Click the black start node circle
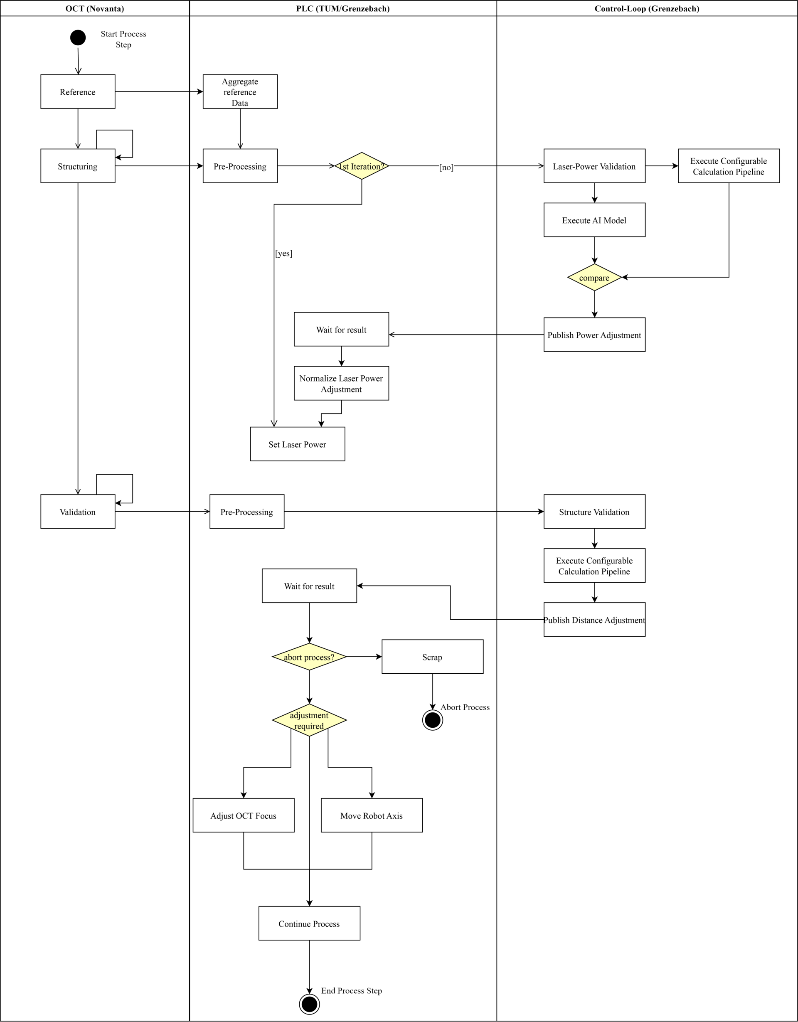(x=78, y=37)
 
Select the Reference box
(x=78, y=92)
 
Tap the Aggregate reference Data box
(x=240, y=92)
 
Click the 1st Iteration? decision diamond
(x=362, y=166)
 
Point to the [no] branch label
(x=446, y=167)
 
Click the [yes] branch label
(x=283, y=253)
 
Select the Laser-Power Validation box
(x=594, y=166)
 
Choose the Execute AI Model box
(x=594, y=220)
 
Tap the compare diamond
(x=594, y=278)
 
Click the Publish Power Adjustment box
(x=594, y=335)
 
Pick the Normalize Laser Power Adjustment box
(x=341, y=384)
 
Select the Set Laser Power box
(x=298, y=444)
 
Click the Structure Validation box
(x=594, y=512)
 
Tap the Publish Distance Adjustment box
(x=594, y=620)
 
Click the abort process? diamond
(x=309, y=657)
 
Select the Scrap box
(x=433, y=657)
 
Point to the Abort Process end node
(x=433, y=720)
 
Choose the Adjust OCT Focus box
(x=244, y=815)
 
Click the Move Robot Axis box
(x=372, y=815)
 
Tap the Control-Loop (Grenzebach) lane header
(x=647, y=8)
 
